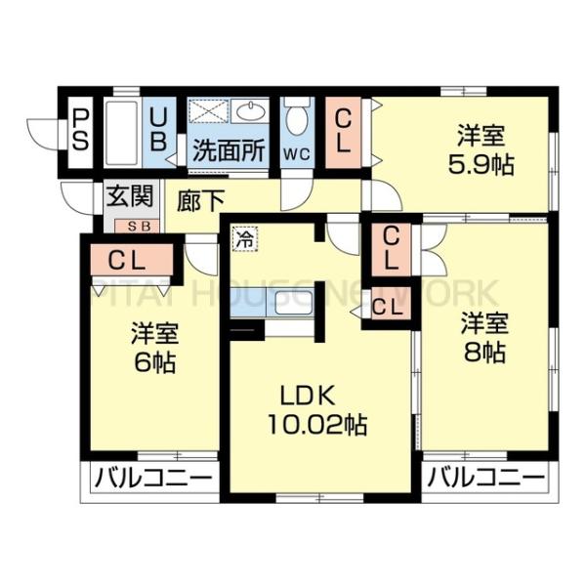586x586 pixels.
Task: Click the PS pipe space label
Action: tap(81, 129)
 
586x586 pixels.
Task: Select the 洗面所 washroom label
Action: tap(228, 151)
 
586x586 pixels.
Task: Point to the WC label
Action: tap(296, 153)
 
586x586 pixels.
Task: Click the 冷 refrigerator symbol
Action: tap(244, 236)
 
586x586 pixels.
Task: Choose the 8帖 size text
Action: tap(484, 352)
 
